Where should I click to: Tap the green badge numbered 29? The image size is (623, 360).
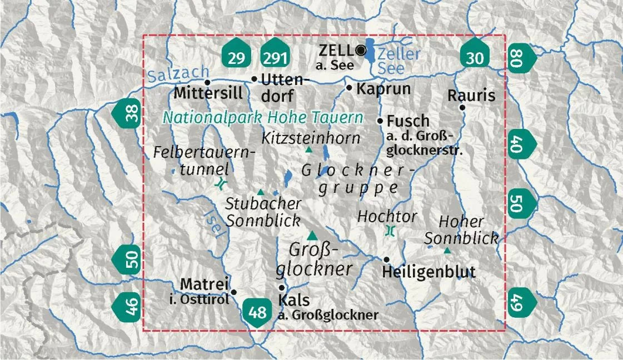coord(236,56)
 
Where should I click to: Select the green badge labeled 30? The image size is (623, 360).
coord(476,56)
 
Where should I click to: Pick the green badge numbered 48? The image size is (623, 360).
coord(257,312)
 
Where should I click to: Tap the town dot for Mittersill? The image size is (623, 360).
coord(207,82)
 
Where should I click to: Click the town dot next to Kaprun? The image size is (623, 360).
coord(349,87)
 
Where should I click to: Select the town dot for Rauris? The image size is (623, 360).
coord(462,107)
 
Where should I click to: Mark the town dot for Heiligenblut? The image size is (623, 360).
coord(386,259)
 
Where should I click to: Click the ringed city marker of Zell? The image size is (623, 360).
coord(362,51)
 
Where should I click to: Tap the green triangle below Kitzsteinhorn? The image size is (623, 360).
coord(309,149)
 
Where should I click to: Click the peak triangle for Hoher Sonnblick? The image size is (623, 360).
coord(447,251)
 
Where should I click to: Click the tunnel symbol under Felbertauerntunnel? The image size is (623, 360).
coord(222,183)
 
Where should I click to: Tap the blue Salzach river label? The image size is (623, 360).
coord(178,74)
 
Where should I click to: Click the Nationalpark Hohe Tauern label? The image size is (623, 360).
coord(263,118)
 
